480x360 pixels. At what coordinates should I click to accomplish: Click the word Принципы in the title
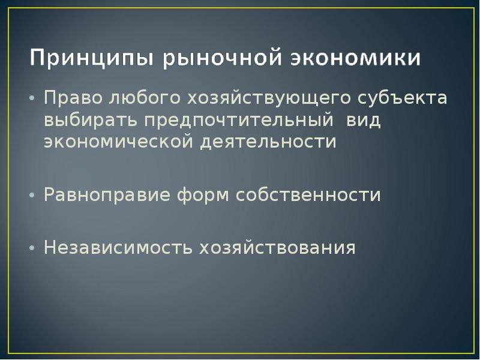pos(91,58)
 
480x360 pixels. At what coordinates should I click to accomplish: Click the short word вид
pos(363,120)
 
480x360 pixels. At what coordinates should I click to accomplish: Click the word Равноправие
pos(107,194)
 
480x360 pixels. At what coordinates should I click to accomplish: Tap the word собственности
pos(308,194)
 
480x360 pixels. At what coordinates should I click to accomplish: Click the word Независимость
pos(118,247)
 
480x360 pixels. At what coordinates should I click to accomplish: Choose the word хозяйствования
pos(277,247)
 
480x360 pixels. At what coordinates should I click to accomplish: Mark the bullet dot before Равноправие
pos(32,196)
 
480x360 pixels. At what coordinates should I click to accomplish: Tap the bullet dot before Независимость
pos(32,248)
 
